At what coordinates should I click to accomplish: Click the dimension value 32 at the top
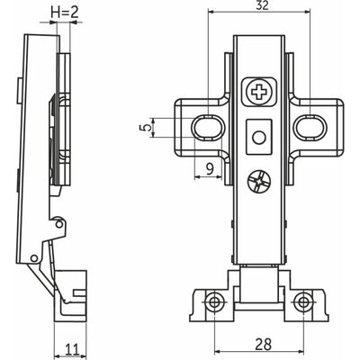263,6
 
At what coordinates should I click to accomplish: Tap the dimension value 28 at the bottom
263,344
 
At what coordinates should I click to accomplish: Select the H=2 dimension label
66,13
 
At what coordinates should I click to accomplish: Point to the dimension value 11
72,350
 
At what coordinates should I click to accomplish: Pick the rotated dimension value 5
146,128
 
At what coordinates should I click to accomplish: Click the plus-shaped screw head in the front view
258,92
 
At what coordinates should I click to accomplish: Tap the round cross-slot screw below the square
259,182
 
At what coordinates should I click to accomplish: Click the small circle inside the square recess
259,138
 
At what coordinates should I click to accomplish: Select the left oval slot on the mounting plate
208,128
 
